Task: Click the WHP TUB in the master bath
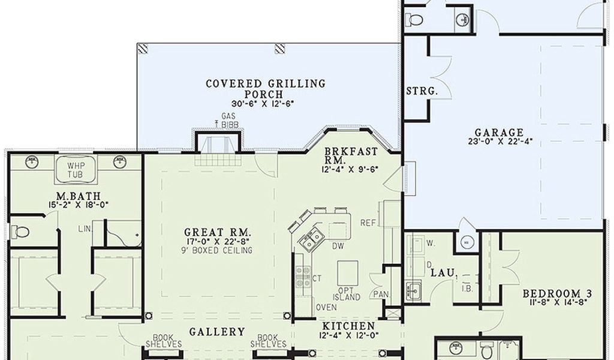click(x=75, y=169)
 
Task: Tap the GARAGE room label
click(x=498, y=133)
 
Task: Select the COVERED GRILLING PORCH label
click(x=266, y=89)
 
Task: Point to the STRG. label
click(x=422, y=92)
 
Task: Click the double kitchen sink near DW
click(x=312, y=239)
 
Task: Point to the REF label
click(x=368, y=223)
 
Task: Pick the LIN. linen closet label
click(x=84, y=229)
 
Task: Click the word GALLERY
click(x=217, y=332)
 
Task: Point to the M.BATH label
click(x=73, y=196)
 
